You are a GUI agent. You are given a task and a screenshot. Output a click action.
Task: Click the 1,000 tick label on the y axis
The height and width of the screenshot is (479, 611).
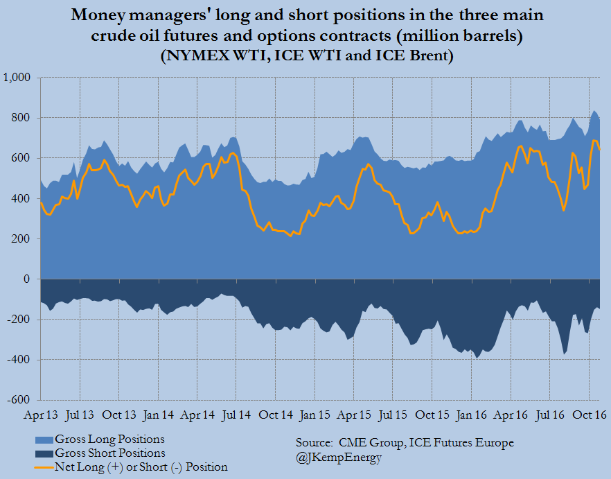pos(17,78)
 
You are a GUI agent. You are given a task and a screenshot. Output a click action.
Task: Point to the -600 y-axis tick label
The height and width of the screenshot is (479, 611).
pos(19,400)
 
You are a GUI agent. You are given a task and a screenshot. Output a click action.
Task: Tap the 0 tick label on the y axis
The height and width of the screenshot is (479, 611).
pos(26,279)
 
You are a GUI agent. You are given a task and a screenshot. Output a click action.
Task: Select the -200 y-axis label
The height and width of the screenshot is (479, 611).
pos(19,320)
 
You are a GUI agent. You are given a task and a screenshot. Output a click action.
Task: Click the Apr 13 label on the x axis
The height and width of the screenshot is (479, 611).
pos(40,415)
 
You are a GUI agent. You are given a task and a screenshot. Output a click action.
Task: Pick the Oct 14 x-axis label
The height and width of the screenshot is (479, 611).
pos(276,415)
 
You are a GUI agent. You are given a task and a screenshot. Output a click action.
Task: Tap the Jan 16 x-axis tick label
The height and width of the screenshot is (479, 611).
pos(471,415)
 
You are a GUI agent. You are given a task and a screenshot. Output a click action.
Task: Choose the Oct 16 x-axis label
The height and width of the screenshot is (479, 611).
pos(589,415)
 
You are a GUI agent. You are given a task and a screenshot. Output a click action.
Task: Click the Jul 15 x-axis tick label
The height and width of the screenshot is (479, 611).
pos(393,415)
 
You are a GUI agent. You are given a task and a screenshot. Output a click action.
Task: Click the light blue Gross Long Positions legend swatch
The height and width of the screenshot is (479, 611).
pos(44,440)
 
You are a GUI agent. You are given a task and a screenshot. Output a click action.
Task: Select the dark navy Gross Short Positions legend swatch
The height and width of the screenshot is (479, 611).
pos(44,454)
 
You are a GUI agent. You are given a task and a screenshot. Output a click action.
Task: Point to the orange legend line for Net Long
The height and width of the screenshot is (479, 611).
pos(44,467)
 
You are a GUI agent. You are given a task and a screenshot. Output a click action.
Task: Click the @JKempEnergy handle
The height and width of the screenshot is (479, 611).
pos(339,458)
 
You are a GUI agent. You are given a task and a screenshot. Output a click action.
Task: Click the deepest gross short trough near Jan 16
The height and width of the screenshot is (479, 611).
pos(477,358)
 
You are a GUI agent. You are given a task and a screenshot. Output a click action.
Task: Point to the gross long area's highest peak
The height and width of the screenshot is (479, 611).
pos(594,110)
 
